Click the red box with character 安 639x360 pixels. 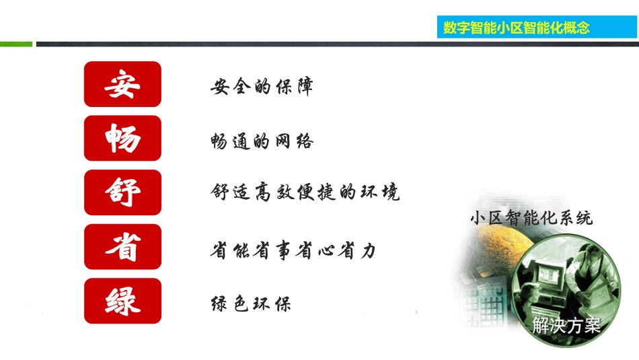point(122,84)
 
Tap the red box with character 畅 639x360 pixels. point(122,139)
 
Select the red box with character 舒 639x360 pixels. point(122,192)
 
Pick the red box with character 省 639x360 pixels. point(122,247)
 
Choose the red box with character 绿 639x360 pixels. point(122,301)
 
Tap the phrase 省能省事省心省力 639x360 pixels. point(293,250)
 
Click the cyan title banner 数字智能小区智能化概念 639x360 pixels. point(516,28)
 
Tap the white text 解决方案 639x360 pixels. point(566,326)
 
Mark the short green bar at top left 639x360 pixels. point(15,44)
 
